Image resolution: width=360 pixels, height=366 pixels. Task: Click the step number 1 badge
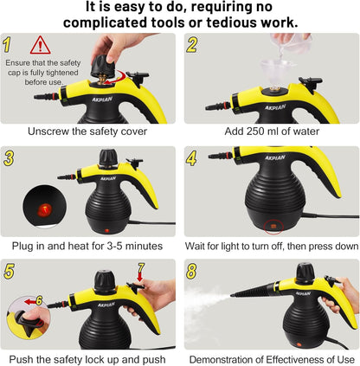pos(8,43)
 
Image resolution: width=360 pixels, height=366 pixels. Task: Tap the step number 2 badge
pos(192,43)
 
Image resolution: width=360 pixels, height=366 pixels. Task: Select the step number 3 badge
pos(9,157)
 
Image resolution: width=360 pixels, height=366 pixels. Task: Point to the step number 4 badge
pos(192,157)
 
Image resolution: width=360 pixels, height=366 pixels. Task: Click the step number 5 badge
pos(9,270)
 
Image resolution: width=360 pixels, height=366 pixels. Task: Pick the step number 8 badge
pos(192,270)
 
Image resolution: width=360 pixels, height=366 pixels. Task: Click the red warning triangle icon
pos(40,45)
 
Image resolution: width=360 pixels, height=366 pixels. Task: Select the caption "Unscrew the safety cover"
pos(88,132)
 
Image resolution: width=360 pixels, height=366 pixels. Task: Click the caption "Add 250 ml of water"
pos(270,132)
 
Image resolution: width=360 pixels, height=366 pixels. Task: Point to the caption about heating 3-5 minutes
pos(88,245)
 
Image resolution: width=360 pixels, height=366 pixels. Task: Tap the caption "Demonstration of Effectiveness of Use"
pos(270,357)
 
